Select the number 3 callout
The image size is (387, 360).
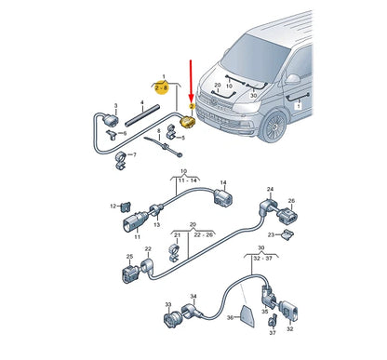114,106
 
